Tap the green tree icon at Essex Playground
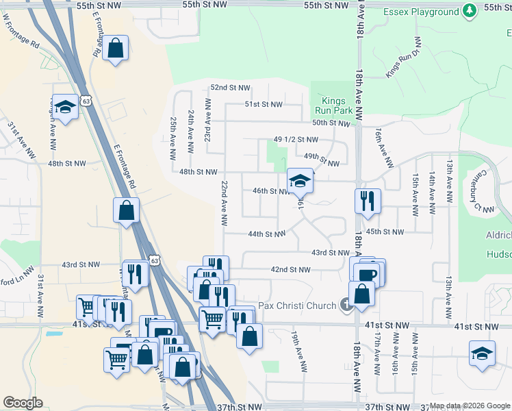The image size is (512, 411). pos(469,11)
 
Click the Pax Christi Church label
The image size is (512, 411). pos(297,306)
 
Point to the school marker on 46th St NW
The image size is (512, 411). pos(300,181)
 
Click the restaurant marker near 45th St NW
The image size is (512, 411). pos(368,201)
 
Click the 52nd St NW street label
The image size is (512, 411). pos(230,88)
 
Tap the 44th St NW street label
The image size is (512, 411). pos(266,234)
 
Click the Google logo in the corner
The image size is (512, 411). pos(23,403)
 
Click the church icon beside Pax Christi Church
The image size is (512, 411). pos(347,305)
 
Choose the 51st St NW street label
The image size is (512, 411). pos(264,104)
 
